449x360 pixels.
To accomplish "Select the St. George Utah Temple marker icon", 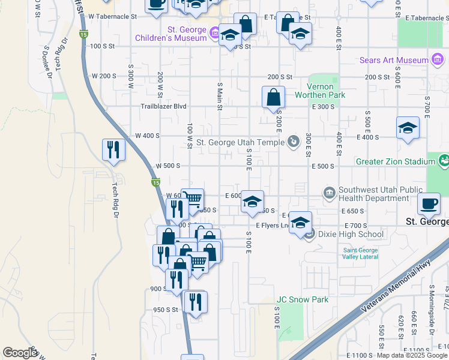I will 293,142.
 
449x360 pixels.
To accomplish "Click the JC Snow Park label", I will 302,299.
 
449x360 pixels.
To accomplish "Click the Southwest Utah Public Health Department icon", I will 330,193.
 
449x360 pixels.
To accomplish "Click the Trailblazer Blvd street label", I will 163,107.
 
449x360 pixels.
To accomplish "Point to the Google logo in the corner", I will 20,353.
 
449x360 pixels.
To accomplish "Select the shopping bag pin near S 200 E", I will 273,97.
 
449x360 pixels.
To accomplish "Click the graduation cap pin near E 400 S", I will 408,128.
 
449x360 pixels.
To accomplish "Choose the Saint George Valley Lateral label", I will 361,253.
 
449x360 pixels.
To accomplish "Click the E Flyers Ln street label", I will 272,226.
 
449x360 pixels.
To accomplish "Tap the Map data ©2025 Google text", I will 412,355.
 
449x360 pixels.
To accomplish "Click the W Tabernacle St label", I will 112,17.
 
